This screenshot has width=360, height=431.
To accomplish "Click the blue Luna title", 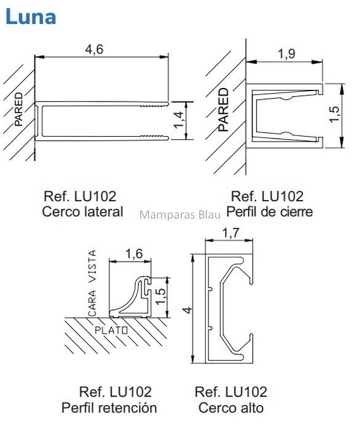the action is [31, 17].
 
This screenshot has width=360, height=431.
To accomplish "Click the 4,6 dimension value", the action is [94, 49].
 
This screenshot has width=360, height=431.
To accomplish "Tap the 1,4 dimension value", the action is [179, 119].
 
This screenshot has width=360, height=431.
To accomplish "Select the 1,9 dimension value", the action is [287, 54].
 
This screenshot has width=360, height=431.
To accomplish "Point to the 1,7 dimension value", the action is [231, 233].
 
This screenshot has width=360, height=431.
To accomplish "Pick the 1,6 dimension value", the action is [134, 254].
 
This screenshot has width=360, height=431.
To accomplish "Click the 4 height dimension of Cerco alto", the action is [188, 310].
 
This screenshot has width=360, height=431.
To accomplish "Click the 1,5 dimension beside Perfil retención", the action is [160, 296].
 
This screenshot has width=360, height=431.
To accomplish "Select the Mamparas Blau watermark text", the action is [180, 215].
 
